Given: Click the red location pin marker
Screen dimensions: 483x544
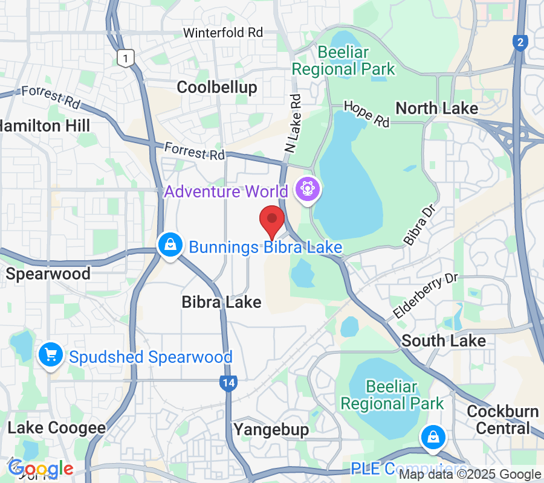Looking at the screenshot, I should pyautogui.click(x=272, y=220).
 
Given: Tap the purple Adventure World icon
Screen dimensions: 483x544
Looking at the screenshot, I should pyautogui.click(x=308, y=190).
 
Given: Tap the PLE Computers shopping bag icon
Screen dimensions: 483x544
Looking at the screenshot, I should pyautogui.click(x=433, y=437).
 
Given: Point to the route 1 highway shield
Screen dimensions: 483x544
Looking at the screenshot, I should pyautogui.click(x=125, y=58).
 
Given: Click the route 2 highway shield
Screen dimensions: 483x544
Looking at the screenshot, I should pyautogui.click(x=519, y=42).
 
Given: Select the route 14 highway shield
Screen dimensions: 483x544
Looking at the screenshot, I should pyautogui.click(x=228, y=382).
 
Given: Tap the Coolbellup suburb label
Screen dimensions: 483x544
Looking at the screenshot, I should pyautogui.click(x=217, y=87).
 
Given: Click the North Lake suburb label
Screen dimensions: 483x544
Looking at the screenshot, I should pyautogui.click(x=436, y=108).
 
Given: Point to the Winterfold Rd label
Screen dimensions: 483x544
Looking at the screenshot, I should pyautogui.click(x=223, y=33).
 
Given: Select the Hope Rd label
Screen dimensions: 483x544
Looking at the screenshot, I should pyautogui.click(x=367, y=114).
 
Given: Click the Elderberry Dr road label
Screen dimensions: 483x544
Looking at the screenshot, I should pyautogui.click(x=426, y=296).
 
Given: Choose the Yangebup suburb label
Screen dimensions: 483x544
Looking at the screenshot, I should pyautogui.click(x=271, y=429).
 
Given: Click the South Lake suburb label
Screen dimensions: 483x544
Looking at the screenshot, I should pyautogui.click(x=444, y=341).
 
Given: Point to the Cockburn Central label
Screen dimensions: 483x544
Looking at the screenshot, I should pyautogui.click(x=503, y=420).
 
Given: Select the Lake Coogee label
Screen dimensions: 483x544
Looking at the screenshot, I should pyautogui.click(x=57, y=428).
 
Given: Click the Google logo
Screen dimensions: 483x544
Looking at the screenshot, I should pyautogui.click(x=40, y=469).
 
